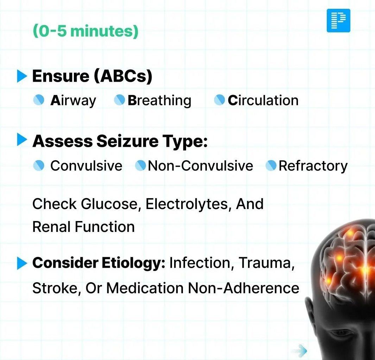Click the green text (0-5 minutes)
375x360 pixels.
tap(85, 31)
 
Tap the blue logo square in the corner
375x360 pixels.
tap(338, 20)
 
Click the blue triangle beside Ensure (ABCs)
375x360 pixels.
tap(22, 76)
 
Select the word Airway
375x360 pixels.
tap(73, 100)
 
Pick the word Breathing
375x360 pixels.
tap(159, 100)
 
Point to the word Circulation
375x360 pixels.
tap(263, 100)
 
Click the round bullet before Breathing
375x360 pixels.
tap(119, 100)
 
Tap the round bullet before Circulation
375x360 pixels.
tap(219, 100)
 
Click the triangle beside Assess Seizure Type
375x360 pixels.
tap(22, 140)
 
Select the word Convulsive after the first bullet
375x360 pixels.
tap(86, 165)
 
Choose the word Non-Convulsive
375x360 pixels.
tap(201, 165)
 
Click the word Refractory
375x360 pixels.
tap(313, 166)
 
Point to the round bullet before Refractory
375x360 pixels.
tap(271, 165)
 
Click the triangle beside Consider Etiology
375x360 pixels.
tap(22, 263)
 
